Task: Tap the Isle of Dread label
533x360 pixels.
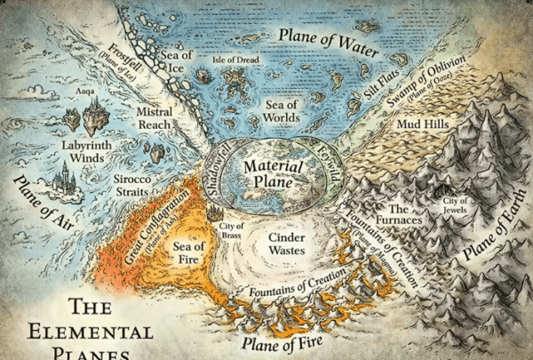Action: [235, 60]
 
